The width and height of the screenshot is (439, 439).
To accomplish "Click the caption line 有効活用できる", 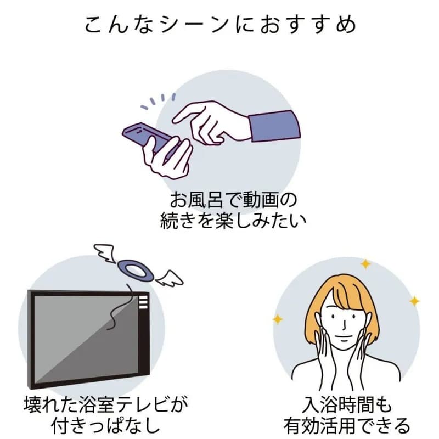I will (x=346, y=427).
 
